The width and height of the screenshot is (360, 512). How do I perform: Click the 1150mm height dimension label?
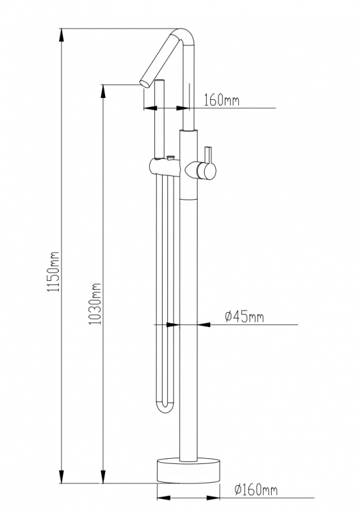(53, 271)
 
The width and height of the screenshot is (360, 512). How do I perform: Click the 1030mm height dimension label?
(95, 303)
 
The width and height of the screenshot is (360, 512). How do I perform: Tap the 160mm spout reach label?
(222, 100)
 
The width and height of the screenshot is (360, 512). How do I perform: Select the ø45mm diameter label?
(244, 316)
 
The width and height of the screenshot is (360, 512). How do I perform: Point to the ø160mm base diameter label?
(256, 490)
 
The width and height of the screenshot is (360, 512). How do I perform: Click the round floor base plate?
(188, 470)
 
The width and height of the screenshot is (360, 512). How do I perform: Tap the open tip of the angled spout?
(145, 83)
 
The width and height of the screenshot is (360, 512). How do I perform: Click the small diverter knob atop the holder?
(170, 158)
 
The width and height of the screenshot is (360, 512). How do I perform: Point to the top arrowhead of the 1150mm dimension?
(61, 35)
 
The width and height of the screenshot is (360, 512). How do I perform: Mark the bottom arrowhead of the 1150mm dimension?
(61, 476)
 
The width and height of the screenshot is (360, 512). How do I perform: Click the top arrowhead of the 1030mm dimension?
(103, 92)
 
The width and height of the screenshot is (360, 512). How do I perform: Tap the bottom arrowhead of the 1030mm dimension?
(103, 476)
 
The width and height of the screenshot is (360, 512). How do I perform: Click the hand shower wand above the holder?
(160, 119)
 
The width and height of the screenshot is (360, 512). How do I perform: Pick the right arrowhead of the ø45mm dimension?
(204, 324)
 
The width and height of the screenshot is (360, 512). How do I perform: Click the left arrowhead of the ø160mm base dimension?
(164, 498)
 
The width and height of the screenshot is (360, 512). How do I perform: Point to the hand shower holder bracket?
(165, 167)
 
